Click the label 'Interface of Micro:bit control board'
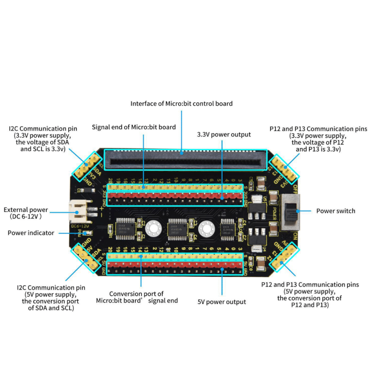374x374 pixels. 181,103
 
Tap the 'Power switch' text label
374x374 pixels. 336,211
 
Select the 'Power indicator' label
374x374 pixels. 31,232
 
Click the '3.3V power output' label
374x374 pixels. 224,134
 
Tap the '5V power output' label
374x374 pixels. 222,302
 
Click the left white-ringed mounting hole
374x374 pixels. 152,228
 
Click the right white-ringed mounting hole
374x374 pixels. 205,228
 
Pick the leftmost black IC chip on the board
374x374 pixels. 125,228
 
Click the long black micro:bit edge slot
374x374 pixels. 185,160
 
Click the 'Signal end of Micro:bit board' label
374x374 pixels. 134,127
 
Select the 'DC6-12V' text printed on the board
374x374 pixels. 80,227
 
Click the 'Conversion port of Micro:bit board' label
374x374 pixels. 137,297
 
